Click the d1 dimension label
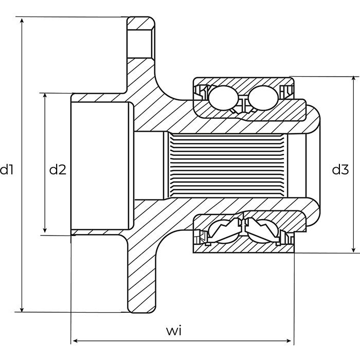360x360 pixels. [x=7, y=170]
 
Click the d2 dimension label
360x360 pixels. [x=58, y=170]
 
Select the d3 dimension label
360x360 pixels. [x=340, y=170]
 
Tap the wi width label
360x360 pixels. [x=174, y=331]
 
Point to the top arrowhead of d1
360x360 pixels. [x=22, y=21]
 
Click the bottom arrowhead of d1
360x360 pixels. [x=22, y=309]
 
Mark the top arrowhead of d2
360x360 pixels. [x=45, y=97]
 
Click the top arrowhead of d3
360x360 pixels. [x=354, y=80]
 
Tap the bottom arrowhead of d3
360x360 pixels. [x=354, y=249]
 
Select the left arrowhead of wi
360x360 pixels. [x=75, y=341]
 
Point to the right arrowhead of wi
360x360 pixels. [x=290, y=341]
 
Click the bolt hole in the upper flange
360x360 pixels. [x=140, y=44]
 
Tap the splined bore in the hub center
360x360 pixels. [x=228, y=166]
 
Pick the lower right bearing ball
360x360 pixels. [x=263, y=231]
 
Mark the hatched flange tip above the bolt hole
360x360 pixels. [x=140, y=23]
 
